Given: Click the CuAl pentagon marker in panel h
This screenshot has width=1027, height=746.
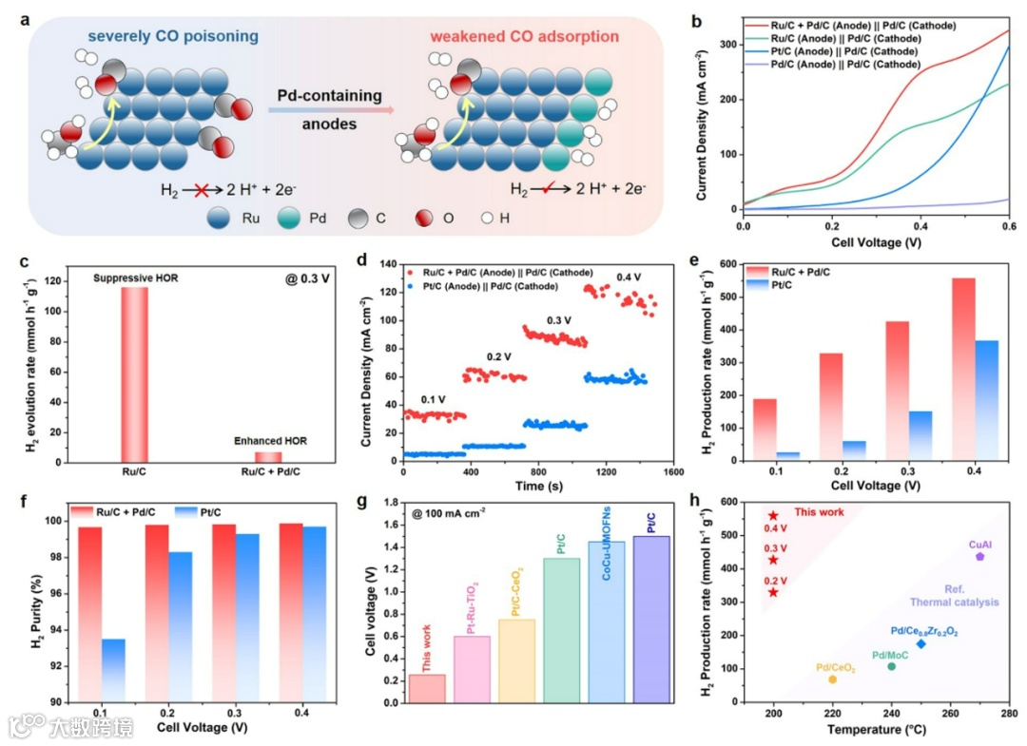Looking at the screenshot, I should point(979,556).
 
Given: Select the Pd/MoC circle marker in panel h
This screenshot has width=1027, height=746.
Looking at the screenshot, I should point(892,666).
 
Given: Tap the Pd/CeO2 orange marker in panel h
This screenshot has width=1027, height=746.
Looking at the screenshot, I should point(833,679).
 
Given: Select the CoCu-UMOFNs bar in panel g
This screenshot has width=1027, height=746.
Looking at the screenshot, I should point(607,622).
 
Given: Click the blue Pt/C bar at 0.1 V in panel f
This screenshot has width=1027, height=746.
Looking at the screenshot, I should point(112,670).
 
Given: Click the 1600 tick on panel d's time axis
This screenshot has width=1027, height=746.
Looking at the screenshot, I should point(673,471).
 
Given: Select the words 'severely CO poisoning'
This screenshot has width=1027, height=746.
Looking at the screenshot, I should point(173,37).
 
